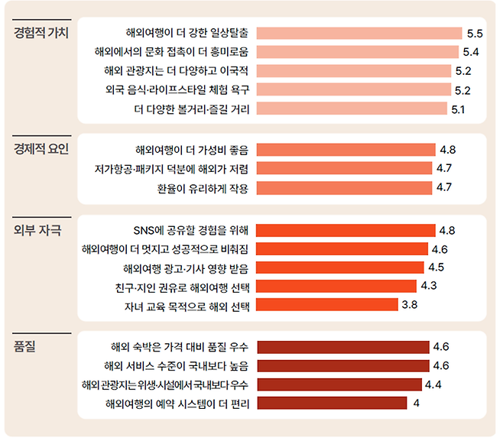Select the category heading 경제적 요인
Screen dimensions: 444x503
coord(41,148)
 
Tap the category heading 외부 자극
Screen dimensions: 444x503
coord(38,229)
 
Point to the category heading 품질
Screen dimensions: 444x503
coord(25,347)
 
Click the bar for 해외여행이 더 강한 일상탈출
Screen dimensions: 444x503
coord(359,33)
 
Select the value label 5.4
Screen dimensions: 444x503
coord(471,52)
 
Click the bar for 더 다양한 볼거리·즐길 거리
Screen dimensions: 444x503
coord(352,109)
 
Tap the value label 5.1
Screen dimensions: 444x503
coord(459,109)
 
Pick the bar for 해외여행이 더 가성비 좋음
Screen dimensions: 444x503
coord(346,149)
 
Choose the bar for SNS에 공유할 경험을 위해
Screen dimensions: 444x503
coord(346,229)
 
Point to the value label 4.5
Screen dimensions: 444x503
coord(436,267)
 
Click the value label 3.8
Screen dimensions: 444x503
coord(410,305)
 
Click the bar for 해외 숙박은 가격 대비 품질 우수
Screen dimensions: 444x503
coord(343,347)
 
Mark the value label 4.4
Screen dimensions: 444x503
coord(433,384)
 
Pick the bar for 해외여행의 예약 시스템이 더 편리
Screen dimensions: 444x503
coord(330,403)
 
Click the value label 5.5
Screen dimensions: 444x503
coord(474,33)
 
